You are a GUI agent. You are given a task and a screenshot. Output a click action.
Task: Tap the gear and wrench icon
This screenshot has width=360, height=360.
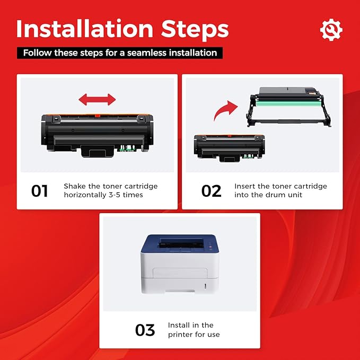tap(331, 30)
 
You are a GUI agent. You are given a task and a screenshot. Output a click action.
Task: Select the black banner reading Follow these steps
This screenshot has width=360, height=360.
tap(120, 53)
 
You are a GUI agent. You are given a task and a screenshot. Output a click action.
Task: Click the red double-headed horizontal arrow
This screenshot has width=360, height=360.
tap(97, 99)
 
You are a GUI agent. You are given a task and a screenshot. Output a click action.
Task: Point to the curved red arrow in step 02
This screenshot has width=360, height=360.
tap(225, 110)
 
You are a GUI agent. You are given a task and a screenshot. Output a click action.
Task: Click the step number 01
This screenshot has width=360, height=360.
tap(40, 191)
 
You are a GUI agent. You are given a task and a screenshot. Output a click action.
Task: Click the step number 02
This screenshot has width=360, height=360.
tap(211, 191)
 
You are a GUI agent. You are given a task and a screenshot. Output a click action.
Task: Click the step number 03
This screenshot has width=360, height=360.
tap(145, 330)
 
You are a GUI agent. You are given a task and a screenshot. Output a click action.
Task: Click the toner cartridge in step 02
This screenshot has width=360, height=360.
tap(230, 146)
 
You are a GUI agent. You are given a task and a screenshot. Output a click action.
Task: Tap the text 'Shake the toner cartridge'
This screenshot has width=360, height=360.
tap(110, 186)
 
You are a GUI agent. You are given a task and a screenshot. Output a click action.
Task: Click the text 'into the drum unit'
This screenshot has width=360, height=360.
tap(268, 195)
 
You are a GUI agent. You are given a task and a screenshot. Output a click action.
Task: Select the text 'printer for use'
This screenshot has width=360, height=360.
tap(194, 334)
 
